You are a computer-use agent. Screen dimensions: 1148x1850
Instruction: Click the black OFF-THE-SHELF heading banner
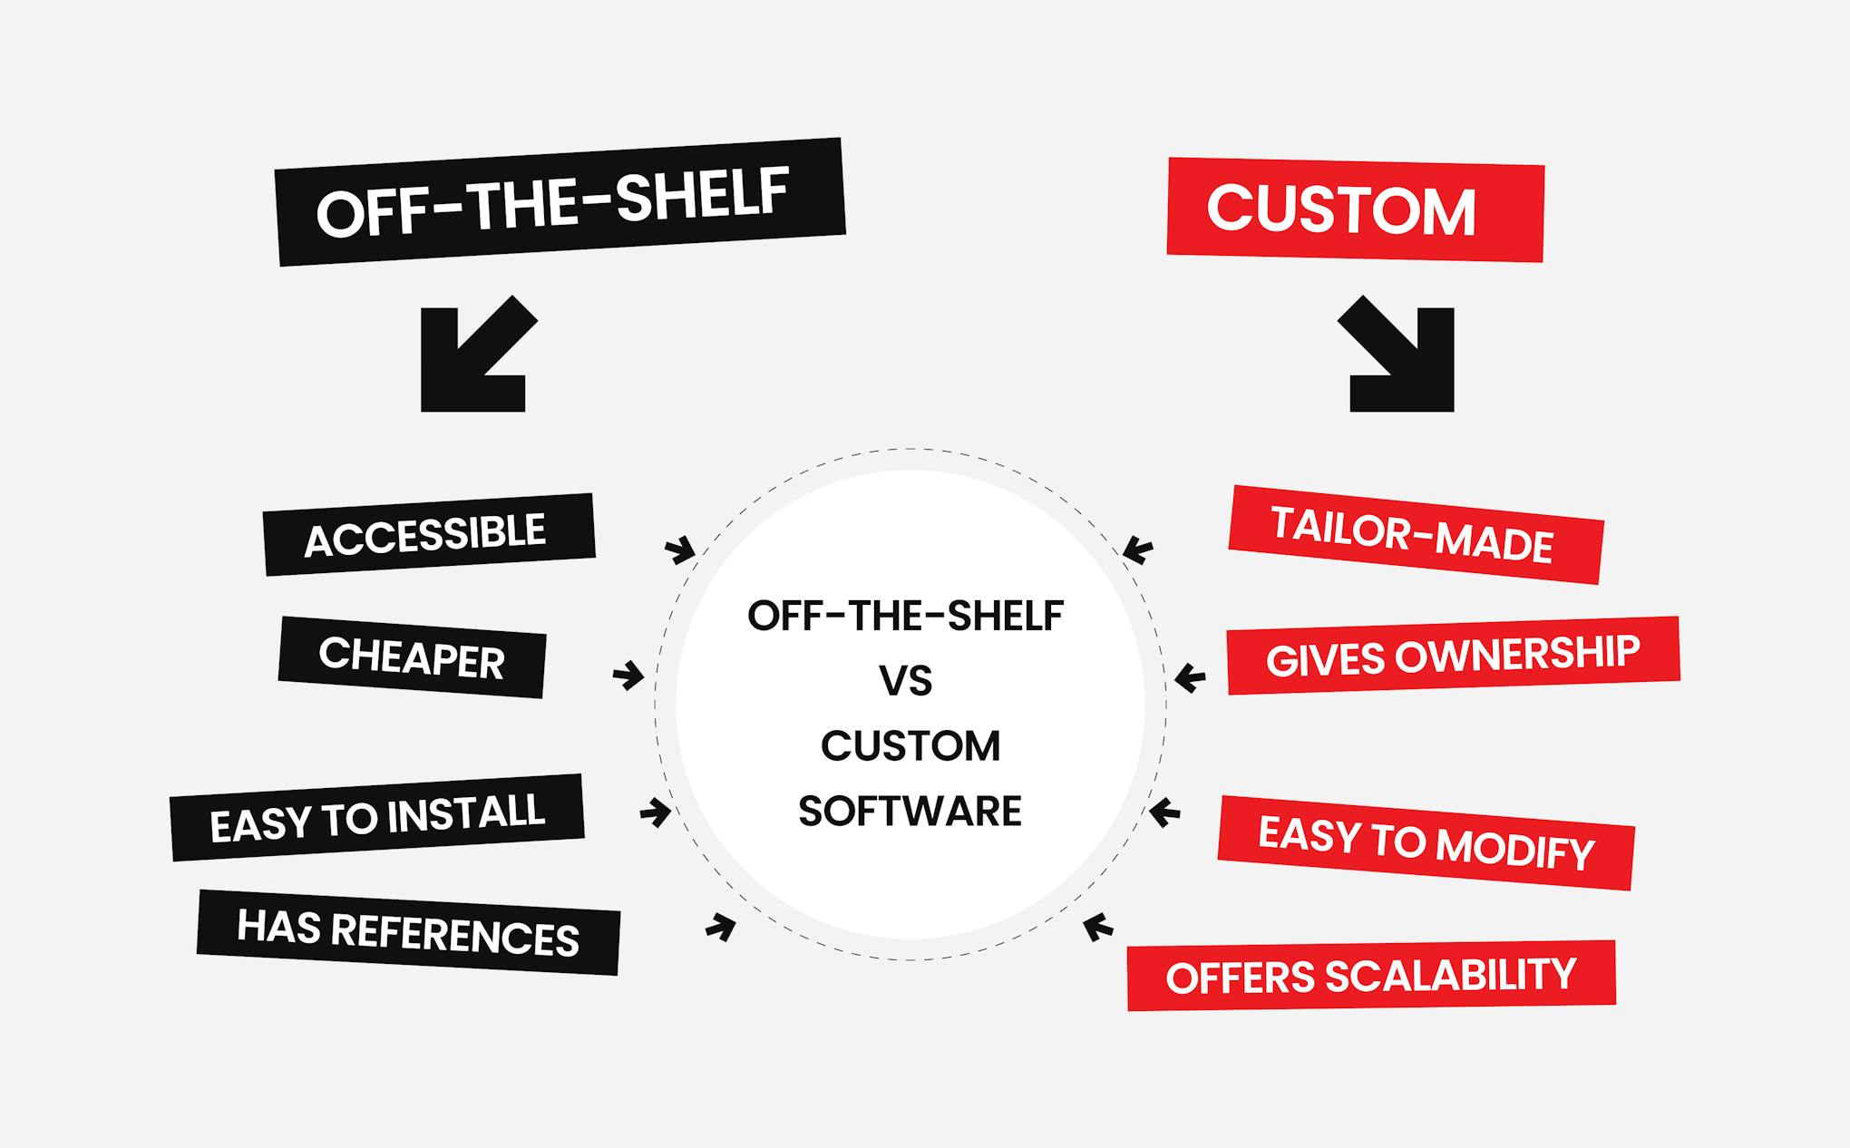(x=560, y=201)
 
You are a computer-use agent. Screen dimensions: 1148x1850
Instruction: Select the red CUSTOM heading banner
(x=1355, y=209)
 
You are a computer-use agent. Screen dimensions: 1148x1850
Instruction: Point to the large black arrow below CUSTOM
(x=1399, y=356)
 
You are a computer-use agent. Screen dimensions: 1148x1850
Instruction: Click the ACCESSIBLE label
(x=428, y=534)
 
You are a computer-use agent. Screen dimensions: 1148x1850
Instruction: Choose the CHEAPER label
(x=412, y=657)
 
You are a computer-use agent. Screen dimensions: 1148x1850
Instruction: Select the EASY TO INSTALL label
(x=377, y=817)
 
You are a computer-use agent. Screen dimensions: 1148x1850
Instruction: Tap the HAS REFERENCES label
(x=408, y=932)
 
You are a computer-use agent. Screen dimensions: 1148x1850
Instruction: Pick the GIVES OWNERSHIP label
(x=1453, y=656)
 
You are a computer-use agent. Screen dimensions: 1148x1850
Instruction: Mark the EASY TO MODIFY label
(x=1426, y=842)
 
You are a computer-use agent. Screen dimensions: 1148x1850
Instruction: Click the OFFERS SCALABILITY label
(x=1371, y=976)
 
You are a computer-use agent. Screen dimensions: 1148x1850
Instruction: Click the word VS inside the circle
(x=906, y=681)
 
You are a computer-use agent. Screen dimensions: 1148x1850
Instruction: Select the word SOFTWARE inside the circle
(x=910, y=811)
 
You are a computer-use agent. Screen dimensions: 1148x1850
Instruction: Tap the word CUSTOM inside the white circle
(x=910, y=746)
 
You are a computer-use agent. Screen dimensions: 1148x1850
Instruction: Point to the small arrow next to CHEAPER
(x=628, y=676)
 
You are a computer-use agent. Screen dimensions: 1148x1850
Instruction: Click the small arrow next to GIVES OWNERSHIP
(x=1190, y=677)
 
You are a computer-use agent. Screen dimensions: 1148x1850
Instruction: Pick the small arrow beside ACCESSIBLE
(x=680, y=550)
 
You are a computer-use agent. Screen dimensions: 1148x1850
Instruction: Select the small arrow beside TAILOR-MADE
(x=1137, y=550)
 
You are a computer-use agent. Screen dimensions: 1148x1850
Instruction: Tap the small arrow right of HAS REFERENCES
(x=721, y=927)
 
